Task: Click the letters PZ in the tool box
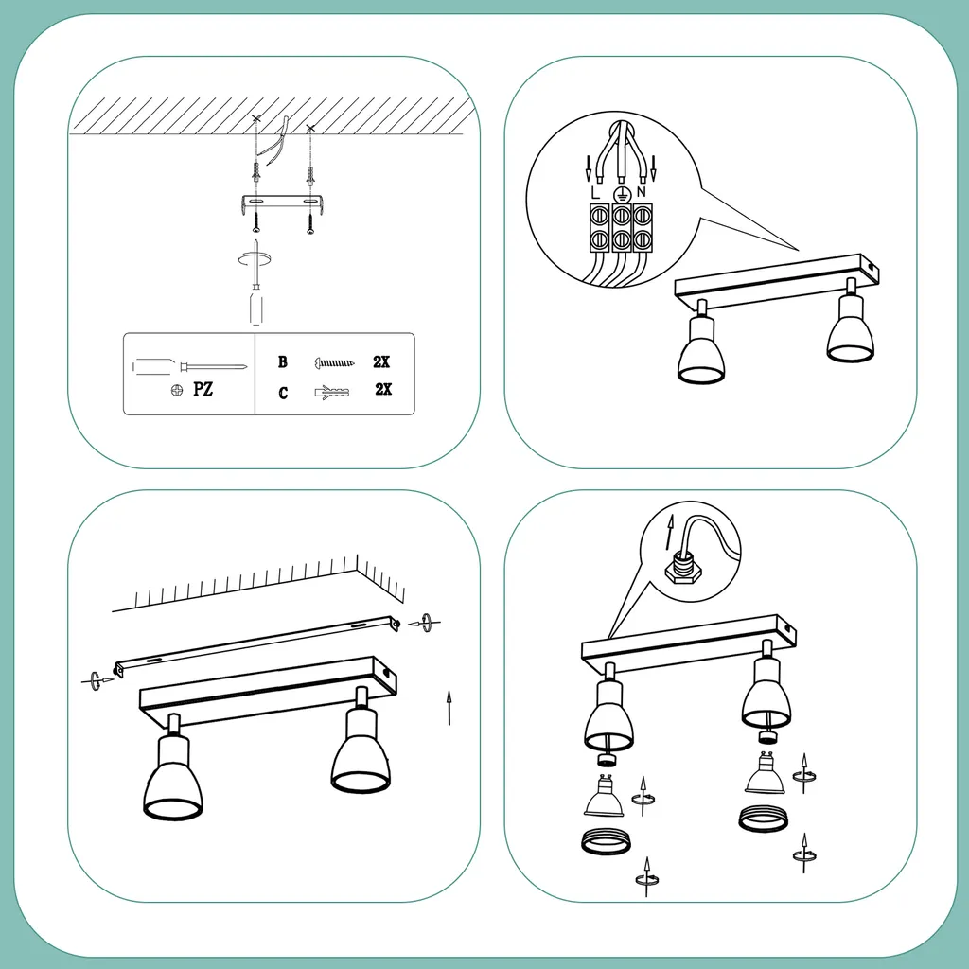click(x=203, y=389)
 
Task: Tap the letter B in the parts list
click(x=282, y=361)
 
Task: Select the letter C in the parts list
click(x=283, y=393)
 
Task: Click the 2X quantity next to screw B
click(x=381, y=361)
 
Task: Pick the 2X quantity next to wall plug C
click(x=383, y=389)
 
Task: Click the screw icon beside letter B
click(x=334, y=362)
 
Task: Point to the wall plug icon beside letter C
click(x=332, y=392)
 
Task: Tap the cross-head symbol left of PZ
click(x=177, y=390)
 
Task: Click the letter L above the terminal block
click(x=594, y=193)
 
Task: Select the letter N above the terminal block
click(x=641, y=192)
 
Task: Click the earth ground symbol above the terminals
click(x=621, y=195)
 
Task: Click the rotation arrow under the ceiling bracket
click(x=255, y=259)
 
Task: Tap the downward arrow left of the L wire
click(x=589, y=168)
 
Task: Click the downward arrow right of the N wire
click(x=653, y=167)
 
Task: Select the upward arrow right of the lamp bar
click(x=449, y=708)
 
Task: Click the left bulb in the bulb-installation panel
click(x=605, y=796)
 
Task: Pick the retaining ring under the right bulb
click(x=765, y=819)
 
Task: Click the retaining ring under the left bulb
click(x=607, y=842)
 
